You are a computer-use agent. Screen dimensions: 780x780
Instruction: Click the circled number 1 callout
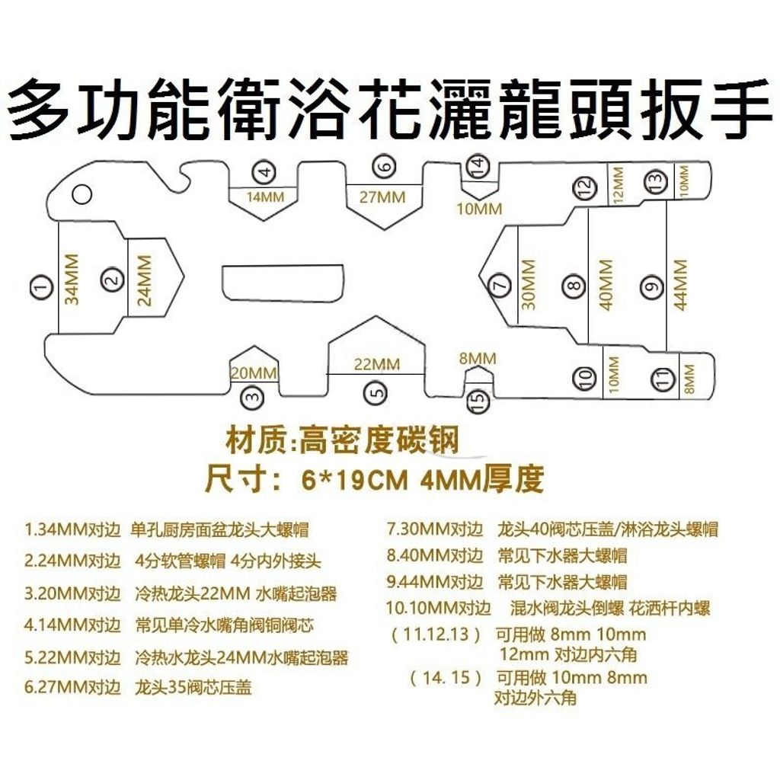tap(41, 286)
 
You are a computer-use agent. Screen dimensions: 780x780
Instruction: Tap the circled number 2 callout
tap(113, 281)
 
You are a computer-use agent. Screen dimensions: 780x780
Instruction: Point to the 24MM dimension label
tap(145, 280)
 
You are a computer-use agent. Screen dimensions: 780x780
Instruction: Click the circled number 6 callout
tap(385, 165)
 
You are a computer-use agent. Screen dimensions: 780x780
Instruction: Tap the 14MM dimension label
tap(265, 197)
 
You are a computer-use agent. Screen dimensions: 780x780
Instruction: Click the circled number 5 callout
tap(375, 392)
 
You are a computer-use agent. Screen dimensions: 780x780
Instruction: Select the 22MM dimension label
tap(376, 365)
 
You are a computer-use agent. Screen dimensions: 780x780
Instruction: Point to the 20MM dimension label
tap(254, 373)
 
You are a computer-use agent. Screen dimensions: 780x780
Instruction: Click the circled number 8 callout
tap(574, 287)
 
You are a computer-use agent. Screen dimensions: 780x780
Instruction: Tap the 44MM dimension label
tap(680, 284)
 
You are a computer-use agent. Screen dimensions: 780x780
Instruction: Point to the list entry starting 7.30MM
tap(552, 529)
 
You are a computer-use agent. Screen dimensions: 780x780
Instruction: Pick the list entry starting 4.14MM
tap(169, 626)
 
